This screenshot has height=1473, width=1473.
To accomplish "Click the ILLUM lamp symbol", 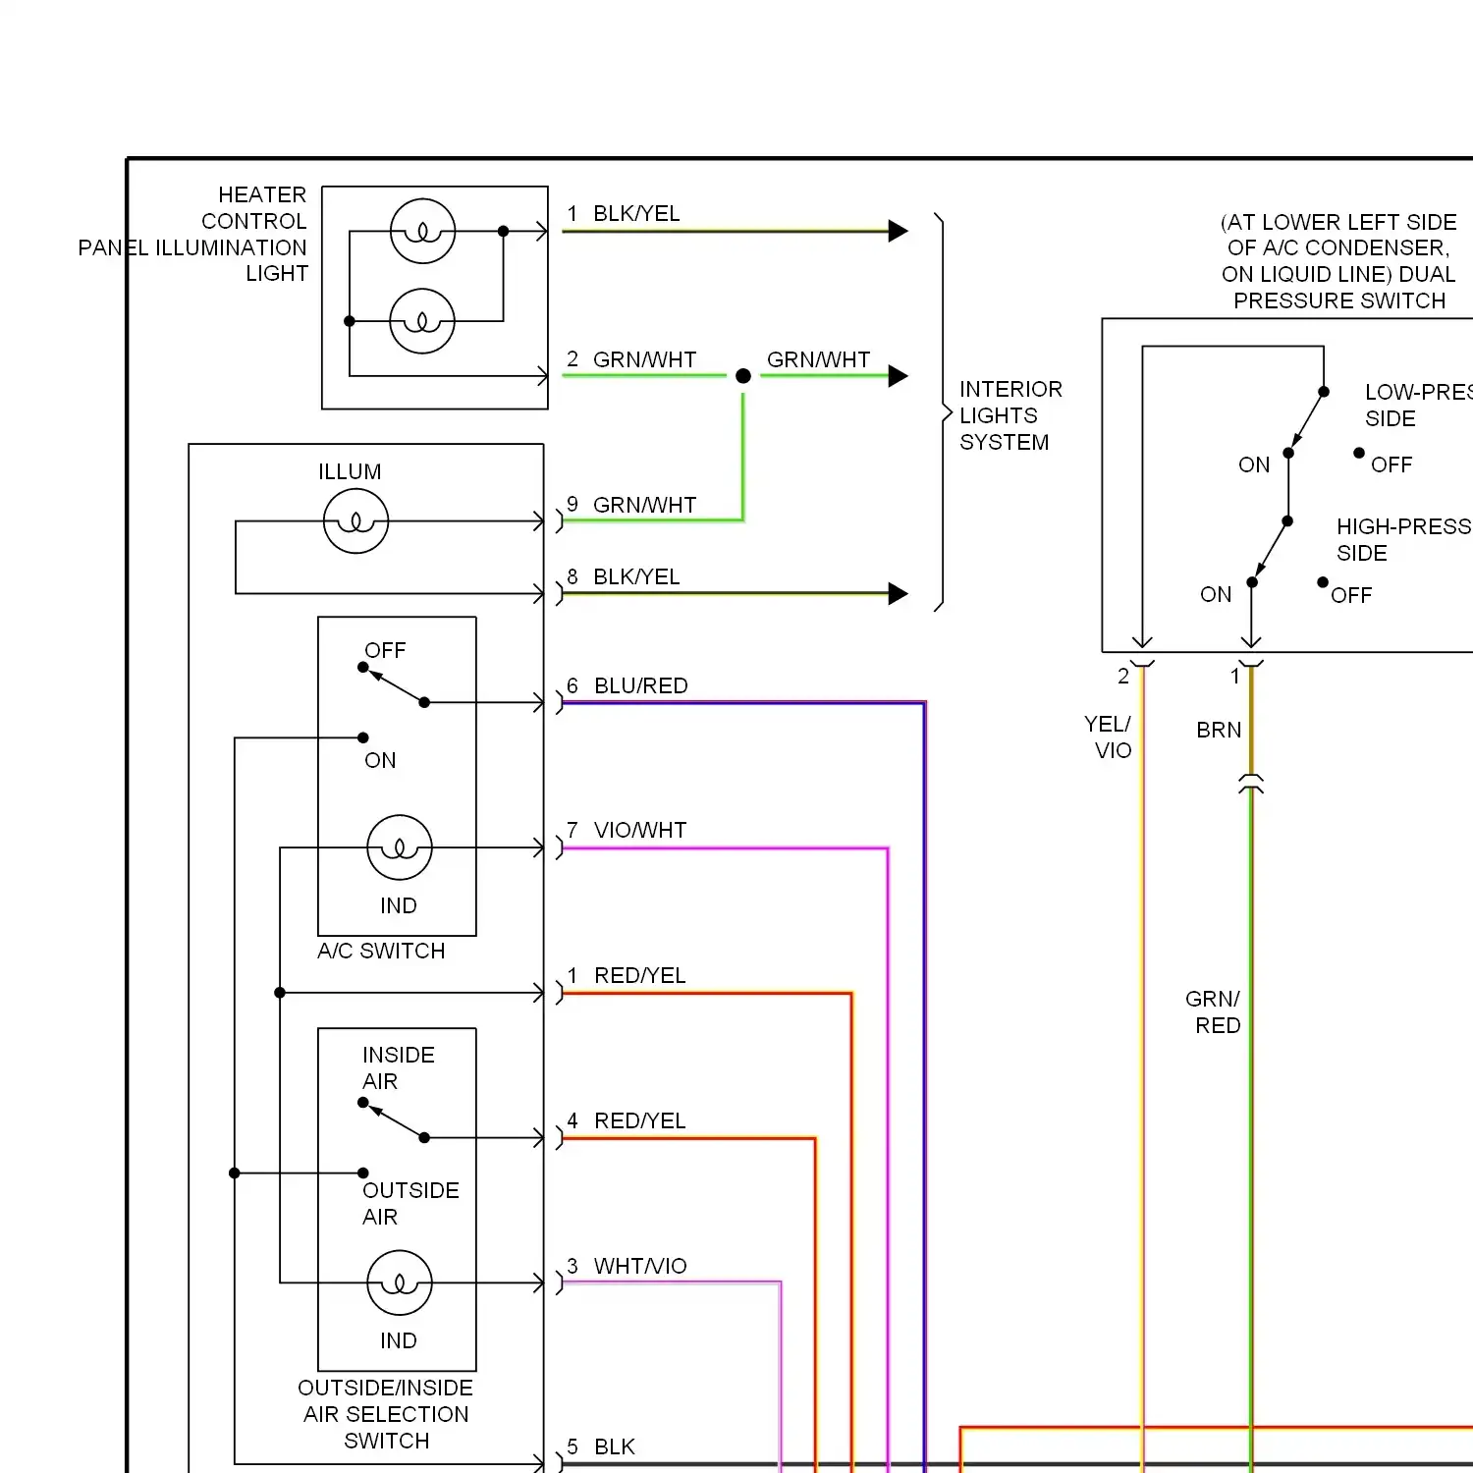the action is pyautogui.click(x=355, y=521).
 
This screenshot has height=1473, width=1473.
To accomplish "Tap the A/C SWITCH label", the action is pyautogui.click(x=381, y=951).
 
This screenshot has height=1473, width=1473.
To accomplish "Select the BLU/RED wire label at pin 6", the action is pyautogui.click(x=640, y=685).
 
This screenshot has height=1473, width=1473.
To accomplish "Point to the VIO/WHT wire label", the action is pyautogui.click(x=640, y=830).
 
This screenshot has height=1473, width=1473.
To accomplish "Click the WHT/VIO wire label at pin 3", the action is pyautogui.click(x=640, y=1266).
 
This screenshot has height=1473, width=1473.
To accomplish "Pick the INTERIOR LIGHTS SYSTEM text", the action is pyautogui.click(x=1010, y=415).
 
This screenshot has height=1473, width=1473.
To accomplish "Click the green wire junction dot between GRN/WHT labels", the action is pyautogui.click(x=743, y=376).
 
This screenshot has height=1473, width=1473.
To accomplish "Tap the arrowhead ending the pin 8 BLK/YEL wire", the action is pyautogui.click(x=898, y=593).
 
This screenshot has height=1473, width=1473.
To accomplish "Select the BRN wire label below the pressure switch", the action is pyautogui.click(x=1219, y=730).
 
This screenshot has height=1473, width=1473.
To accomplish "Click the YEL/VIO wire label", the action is pyautogui.click(x=1108, y=736).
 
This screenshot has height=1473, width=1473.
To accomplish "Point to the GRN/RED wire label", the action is pyautogui.click(x=1213, y=1011).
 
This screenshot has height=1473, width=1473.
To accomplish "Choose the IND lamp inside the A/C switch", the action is pyautogui.click(x=400, y=847).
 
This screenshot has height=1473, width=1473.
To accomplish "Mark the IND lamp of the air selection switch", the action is pyautogui.click(x=400, y=1282).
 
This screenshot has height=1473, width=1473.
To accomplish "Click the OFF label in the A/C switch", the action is pyautogui.click(x=385, y=650).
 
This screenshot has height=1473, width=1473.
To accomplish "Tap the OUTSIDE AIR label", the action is pyautogui.click(x=410, y=1203).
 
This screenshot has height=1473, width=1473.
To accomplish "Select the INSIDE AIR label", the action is pyautogui.click(x=398, y=1067).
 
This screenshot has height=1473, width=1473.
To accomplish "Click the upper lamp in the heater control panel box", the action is pyautogui.click(x=422, y=231).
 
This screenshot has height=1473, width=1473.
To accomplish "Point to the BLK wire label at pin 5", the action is pyautogui.click(x=615, y=1446).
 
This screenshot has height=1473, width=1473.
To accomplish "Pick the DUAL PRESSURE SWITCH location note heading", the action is pyautogui.click(x=1338, y=261).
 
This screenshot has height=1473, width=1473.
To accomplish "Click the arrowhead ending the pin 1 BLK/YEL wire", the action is pyautogui.click(x=898, y=231).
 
